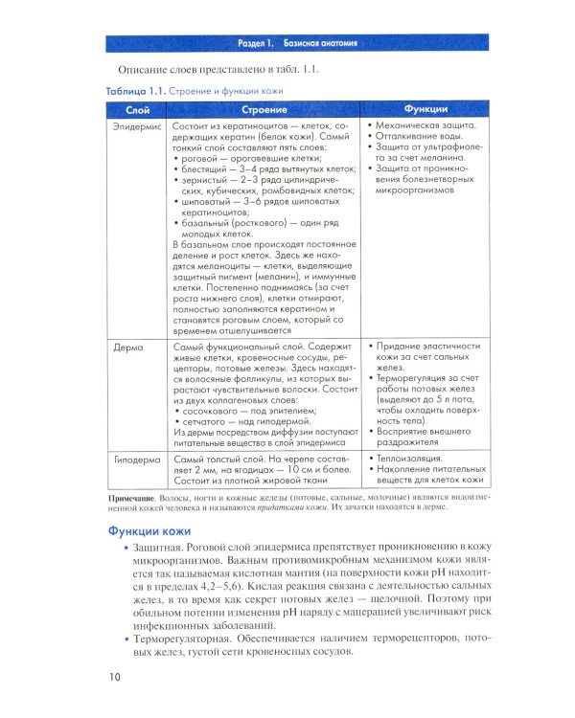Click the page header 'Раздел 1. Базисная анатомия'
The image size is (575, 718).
pos(298,45)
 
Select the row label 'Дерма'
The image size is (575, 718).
pos(126,345)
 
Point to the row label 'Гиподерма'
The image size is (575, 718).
pos(133,459)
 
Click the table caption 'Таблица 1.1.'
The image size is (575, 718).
pos(136,91)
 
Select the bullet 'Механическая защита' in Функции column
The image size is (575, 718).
pos(428,125)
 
